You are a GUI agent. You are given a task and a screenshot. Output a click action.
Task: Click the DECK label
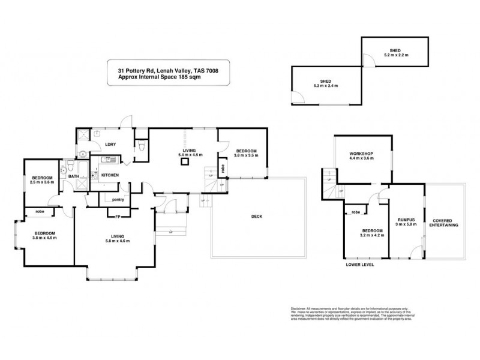tap(257, 217)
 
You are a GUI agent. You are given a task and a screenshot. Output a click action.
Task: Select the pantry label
tap(118, 199)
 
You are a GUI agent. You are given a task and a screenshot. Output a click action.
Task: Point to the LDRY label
tap(110, 145)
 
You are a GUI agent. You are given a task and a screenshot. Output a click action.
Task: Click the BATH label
tap(73, 176)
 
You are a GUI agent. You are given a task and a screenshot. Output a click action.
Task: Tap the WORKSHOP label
tap(362, 154)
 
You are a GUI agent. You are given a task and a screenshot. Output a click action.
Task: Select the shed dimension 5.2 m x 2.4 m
tap(326, 86)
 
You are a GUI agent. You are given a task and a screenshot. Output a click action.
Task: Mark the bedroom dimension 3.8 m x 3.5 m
tap(246, 155)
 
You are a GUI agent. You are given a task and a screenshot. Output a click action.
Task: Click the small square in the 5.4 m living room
tap(185, 161)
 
